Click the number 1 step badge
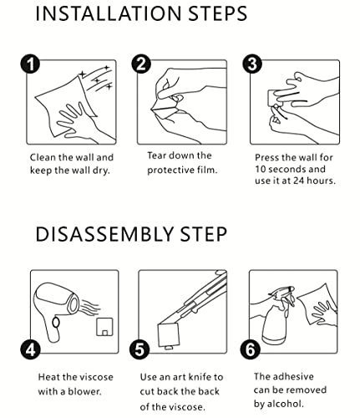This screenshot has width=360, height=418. [30, 64]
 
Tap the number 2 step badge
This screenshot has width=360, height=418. [141, 64]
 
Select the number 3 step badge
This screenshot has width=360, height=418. [252, 64]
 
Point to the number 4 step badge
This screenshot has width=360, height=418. [30, 349]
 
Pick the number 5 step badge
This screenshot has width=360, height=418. [139, 349]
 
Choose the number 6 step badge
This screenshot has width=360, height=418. [251, 349]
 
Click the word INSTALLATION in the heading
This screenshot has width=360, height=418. [109, 13]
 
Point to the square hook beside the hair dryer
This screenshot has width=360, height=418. [104, 327]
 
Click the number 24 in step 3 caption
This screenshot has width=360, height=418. [298, 181]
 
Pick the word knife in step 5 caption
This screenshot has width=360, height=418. [200, 377]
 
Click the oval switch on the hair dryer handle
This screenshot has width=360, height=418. [56, 323]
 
